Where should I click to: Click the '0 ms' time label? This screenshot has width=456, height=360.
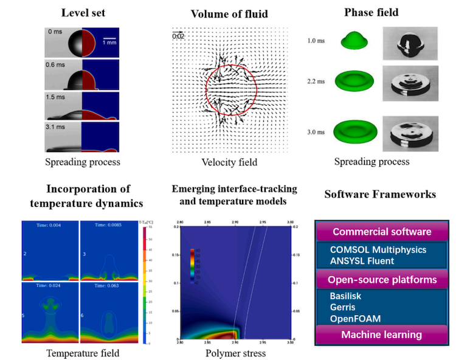click(55, 31)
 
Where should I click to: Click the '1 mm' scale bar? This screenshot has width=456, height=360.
click(109, 41)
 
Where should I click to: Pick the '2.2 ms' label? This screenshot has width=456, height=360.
click(316, 80)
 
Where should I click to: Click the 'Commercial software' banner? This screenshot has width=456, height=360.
click(382, 232)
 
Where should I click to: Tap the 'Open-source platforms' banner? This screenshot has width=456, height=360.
click(382, 280)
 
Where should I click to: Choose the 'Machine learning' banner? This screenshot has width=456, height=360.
click(382, 334)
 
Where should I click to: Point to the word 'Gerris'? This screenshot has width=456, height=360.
click(344, 307)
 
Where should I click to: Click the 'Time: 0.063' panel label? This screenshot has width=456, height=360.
click(109, 283)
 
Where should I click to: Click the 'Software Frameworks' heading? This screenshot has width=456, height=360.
click(379, 195)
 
